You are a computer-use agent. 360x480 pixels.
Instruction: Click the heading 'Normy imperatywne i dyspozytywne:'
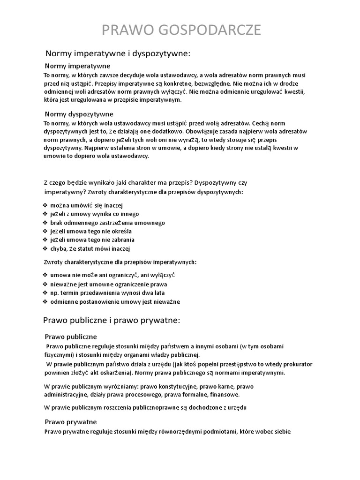(x=118, y=54)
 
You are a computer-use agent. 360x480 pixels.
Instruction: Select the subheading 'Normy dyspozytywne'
(x=79, y=114)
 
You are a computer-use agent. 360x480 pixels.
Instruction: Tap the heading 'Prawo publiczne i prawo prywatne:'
(x=112, y=321)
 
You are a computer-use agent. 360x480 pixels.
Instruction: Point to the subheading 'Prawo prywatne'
(x=71, y=421)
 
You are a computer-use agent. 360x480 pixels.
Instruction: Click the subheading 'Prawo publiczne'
(x=71, y=337)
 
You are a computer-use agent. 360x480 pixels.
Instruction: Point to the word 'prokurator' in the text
(x=296, y=364)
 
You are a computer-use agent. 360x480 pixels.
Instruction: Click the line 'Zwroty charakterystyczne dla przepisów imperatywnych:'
(x=120, y=262)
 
